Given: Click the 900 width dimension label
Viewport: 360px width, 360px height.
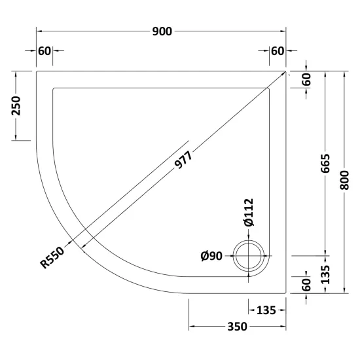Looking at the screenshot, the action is click(162, 31).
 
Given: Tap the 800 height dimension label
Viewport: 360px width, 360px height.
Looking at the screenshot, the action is click(344, 180).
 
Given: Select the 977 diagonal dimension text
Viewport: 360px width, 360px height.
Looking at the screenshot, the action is click(183, 160).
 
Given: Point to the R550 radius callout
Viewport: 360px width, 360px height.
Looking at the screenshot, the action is click(52, 257).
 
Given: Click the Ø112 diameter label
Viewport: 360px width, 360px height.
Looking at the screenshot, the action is click(249, 212).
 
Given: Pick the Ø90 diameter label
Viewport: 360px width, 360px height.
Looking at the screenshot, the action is click(211, 256).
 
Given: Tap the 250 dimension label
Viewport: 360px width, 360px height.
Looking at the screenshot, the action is click(16, 105).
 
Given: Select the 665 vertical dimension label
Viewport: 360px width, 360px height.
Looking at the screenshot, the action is click(325, 164).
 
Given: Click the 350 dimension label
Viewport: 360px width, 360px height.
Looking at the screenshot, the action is click(237, 326).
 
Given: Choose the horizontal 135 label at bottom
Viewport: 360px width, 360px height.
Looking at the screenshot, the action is click(266, 310).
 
